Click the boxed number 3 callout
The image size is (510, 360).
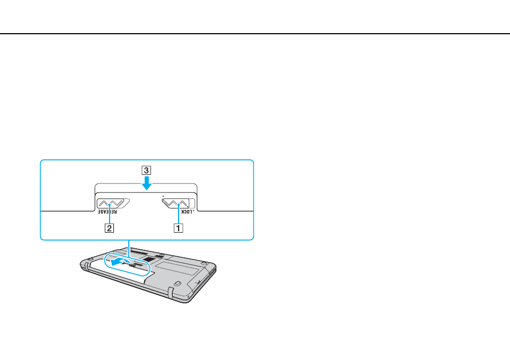click(x=146, y=170)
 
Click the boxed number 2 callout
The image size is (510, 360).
click(x=109, y=228)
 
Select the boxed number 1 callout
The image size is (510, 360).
click(x=178, y=228)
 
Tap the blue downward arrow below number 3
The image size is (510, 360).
click(x=146, y=183)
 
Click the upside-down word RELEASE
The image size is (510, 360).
click(x=107, y=212)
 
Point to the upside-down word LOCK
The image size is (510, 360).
click(x=187, y=212)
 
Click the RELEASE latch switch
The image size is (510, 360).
click(x=113, y=204)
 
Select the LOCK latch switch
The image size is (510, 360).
click(x=179, y=203)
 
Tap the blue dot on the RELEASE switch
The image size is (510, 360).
click(x=110, y=205)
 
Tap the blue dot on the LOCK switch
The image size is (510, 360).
click(x=179, y=205)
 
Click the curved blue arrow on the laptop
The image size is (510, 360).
click(x=121, y=261)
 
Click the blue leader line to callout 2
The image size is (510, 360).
click(x=110, y=214)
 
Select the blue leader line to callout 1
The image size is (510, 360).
click(x=179, y=214)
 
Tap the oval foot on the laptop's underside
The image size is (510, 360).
click(x=177, y=283)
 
